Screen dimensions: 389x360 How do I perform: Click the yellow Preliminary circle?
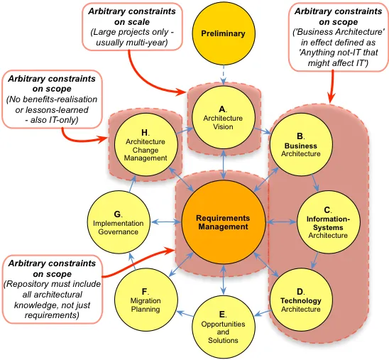(224, 33)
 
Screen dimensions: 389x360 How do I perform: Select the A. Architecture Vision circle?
(224, 117)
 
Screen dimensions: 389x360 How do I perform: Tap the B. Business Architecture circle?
(301, 144)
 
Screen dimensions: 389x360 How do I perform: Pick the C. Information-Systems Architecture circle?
(328, 222)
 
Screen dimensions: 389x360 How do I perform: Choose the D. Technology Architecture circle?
(301, 300)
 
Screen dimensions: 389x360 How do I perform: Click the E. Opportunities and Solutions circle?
(224, 327)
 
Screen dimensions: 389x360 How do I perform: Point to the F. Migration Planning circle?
(146, 300)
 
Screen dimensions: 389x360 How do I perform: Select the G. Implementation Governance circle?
(119, 222)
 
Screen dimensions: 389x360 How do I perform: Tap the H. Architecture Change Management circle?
(146, 144)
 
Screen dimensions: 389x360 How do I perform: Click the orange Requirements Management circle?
(224, 222)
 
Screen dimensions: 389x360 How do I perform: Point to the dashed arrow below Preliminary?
(224, 75)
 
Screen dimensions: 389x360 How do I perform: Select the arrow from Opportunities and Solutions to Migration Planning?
(185, 314)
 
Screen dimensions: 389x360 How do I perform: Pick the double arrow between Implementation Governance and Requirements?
(166, 222)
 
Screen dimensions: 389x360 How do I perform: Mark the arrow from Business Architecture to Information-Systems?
(315, 183)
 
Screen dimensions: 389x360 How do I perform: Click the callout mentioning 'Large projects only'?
(132, 27)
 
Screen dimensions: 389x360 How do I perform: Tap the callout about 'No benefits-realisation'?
(52, 99)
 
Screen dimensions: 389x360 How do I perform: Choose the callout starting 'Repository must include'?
(52, 289)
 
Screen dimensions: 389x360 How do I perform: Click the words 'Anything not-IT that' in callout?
(339, 53)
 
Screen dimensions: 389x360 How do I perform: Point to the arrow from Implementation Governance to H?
(132, 184)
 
